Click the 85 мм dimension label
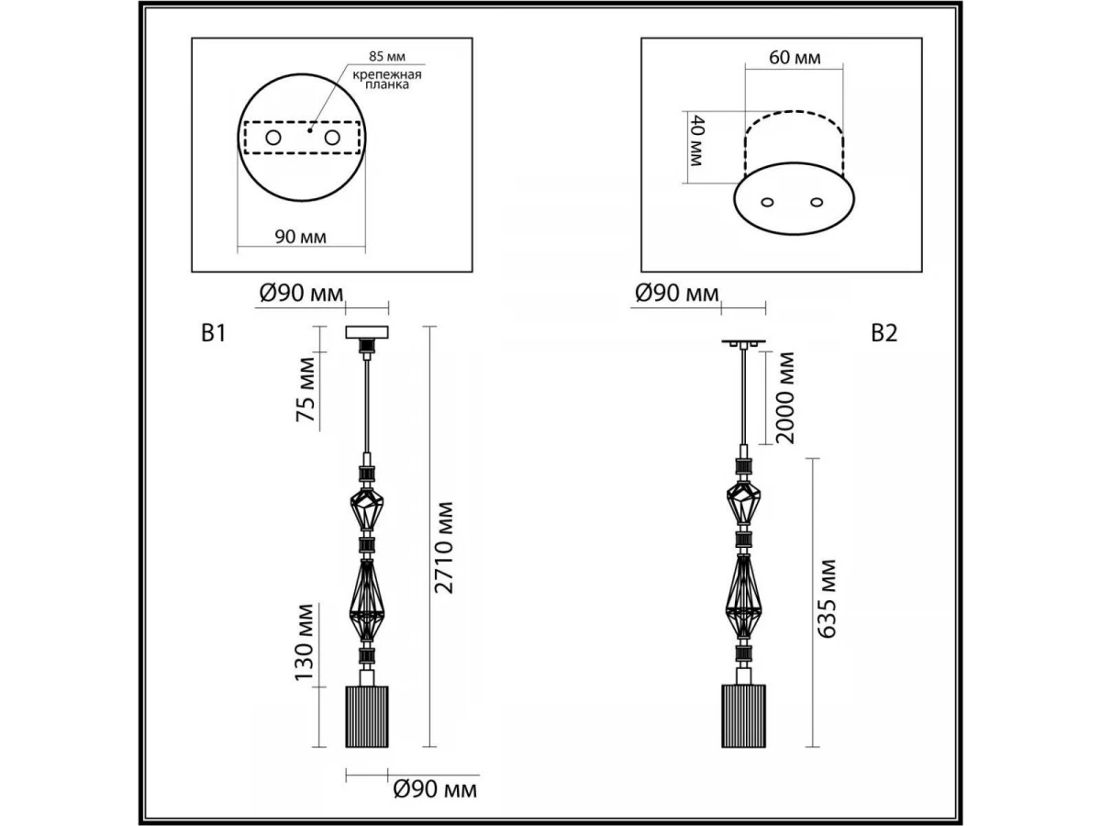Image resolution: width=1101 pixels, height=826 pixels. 387,56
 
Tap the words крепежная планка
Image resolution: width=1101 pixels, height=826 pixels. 387,80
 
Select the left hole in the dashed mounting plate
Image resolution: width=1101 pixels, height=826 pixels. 272,138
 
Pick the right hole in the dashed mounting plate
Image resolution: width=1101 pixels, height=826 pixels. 332,138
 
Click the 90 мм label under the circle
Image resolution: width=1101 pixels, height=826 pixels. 300,236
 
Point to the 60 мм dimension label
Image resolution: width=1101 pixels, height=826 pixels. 795,58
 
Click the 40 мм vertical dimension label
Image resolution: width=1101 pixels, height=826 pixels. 697,140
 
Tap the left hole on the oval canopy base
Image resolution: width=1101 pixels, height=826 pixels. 767,202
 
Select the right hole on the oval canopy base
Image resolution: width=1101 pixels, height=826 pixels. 817,202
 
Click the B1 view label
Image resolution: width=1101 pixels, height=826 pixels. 214,332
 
